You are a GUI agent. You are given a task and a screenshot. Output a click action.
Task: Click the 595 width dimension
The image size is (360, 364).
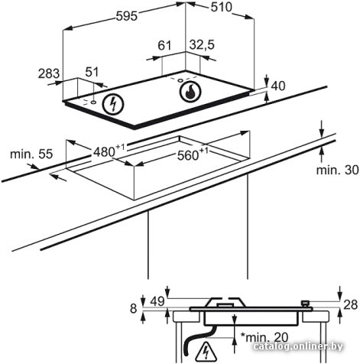click(x=127, y=16)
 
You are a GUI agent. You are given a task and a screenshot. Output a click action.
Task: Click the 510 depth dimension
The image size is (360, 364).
click(x=222, y=7)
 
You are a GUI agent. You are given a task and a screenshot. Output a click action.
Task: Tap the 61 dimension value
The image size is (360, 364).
click(x=164, y=46)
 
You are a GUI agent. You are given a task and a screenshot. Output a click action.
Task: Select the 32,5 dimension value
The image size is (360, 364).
click(x=202, y=45)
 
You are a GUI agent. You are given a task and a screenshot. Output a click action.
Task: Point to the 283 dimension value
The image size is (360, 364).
click(x=49, y=73)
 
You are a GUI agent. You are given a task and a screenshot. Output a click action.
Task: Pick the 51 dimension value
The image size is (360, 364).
click(x=92, y=72)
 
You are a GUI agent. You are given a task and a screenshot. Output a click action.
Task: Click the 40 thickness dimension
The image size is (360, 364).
click(x=278, y=86)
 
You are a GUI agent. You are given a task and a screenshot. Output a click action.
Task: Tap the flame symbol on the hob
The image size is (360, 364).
click(x=190, y=92)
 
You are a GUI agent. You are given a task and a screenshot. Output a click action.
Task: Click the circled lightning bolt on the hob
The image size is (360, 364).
click(x=113, y=105)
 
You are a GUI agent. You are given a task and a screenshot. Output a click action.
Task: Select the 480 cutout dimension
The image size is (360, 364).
click(x=109, y=151)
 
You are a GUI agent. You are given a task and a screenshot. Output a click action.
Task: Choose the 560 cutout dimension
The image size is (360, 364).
click(x=193, y=154)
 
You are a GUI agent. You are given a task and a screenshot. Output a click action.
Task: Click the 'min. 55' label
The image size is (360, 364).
click(x=31, y=154)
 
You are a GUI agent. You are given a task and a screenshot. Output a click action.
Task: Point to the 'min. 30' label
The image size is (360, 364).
click(x=337, y=170)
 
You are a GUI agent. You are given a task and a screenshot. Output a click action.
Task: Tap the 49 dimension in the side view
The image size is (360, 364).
click(x=157, y=302)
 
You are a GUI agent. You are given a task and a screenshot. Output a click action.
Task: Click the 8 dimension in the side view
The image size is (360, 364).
click(x=134, y=309)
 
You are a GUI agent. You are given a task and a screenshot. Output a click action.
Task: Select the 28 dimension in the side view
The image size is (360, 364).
click(x=350, y=304)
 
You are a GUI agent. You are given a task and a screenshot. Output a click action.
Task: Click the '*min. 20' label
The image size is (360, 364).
click(x=264, y=337)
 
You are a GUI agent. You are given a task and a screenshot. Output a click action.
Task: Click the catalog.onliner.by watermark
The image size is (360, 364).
click(x=298, y=346)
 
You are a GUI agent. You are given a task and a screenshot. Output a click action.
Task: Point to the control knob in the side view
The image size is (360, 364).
click(x=305, y=304)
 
